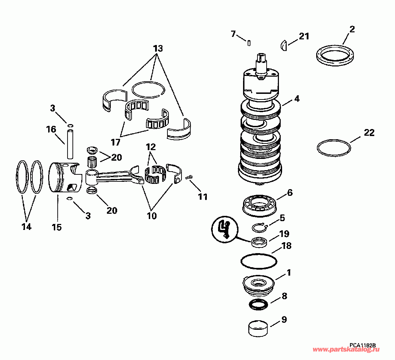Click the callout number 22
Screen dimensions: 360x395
[x=369, y=133]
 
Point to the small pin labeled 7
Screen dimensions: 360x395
[x=249, y=43]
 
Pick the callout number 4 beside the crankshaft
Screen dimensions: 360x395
[x=297, y=99]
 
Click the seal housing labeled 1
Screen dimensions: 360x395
[x=259, y=285]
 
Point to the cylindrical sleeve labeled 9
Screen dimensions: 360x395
[x=259, y=329]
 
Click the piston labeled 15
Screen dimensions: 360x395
[x=63, y=178]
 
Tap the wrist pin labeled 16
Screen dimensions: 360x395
[x=70, y=144]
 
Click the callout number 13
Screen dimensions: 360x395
[x=158, y=49]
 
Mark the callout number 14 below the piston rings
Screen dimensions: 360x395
[x=26, y=227]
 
